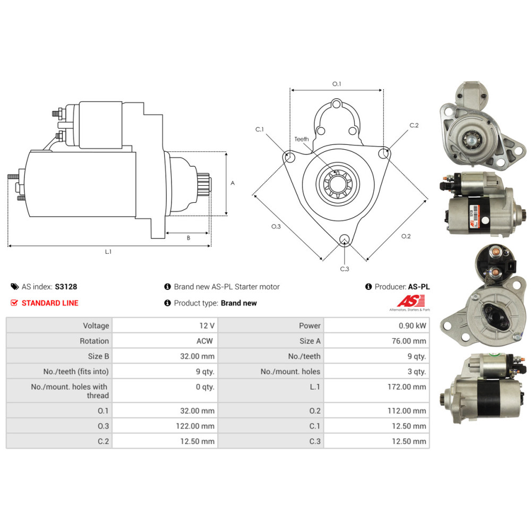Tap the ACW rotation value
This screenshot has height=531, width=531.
click(x=204, y=341)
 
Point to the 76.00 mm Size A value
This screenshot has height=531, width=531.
click(x=409, y=341)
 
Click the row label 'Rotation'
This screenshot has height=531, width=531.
click(x=94, y=341)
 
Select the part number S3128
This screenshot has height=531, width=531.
click(x=66, y=287)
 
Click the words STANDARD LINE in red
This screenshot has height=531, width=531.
click(x=49, y=303)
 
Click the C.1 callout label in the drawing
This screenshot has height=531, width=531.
click(x=260, y=130)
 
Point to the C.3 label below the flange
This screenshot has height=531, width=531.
click(x=345, y=269)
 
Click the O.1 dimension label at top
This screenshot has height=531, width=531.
click(x=337, y=84)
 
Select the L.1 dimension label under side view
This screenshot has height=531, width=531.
click(x=108, y=252)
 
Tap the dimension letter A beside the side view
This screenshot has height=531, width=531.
click(x=233, y=183)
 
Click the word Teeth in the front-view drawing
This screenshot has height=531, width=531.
click(x=302, y=139)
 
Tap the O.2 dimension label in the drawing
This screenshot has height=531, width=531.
click(x=406, y=236)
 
